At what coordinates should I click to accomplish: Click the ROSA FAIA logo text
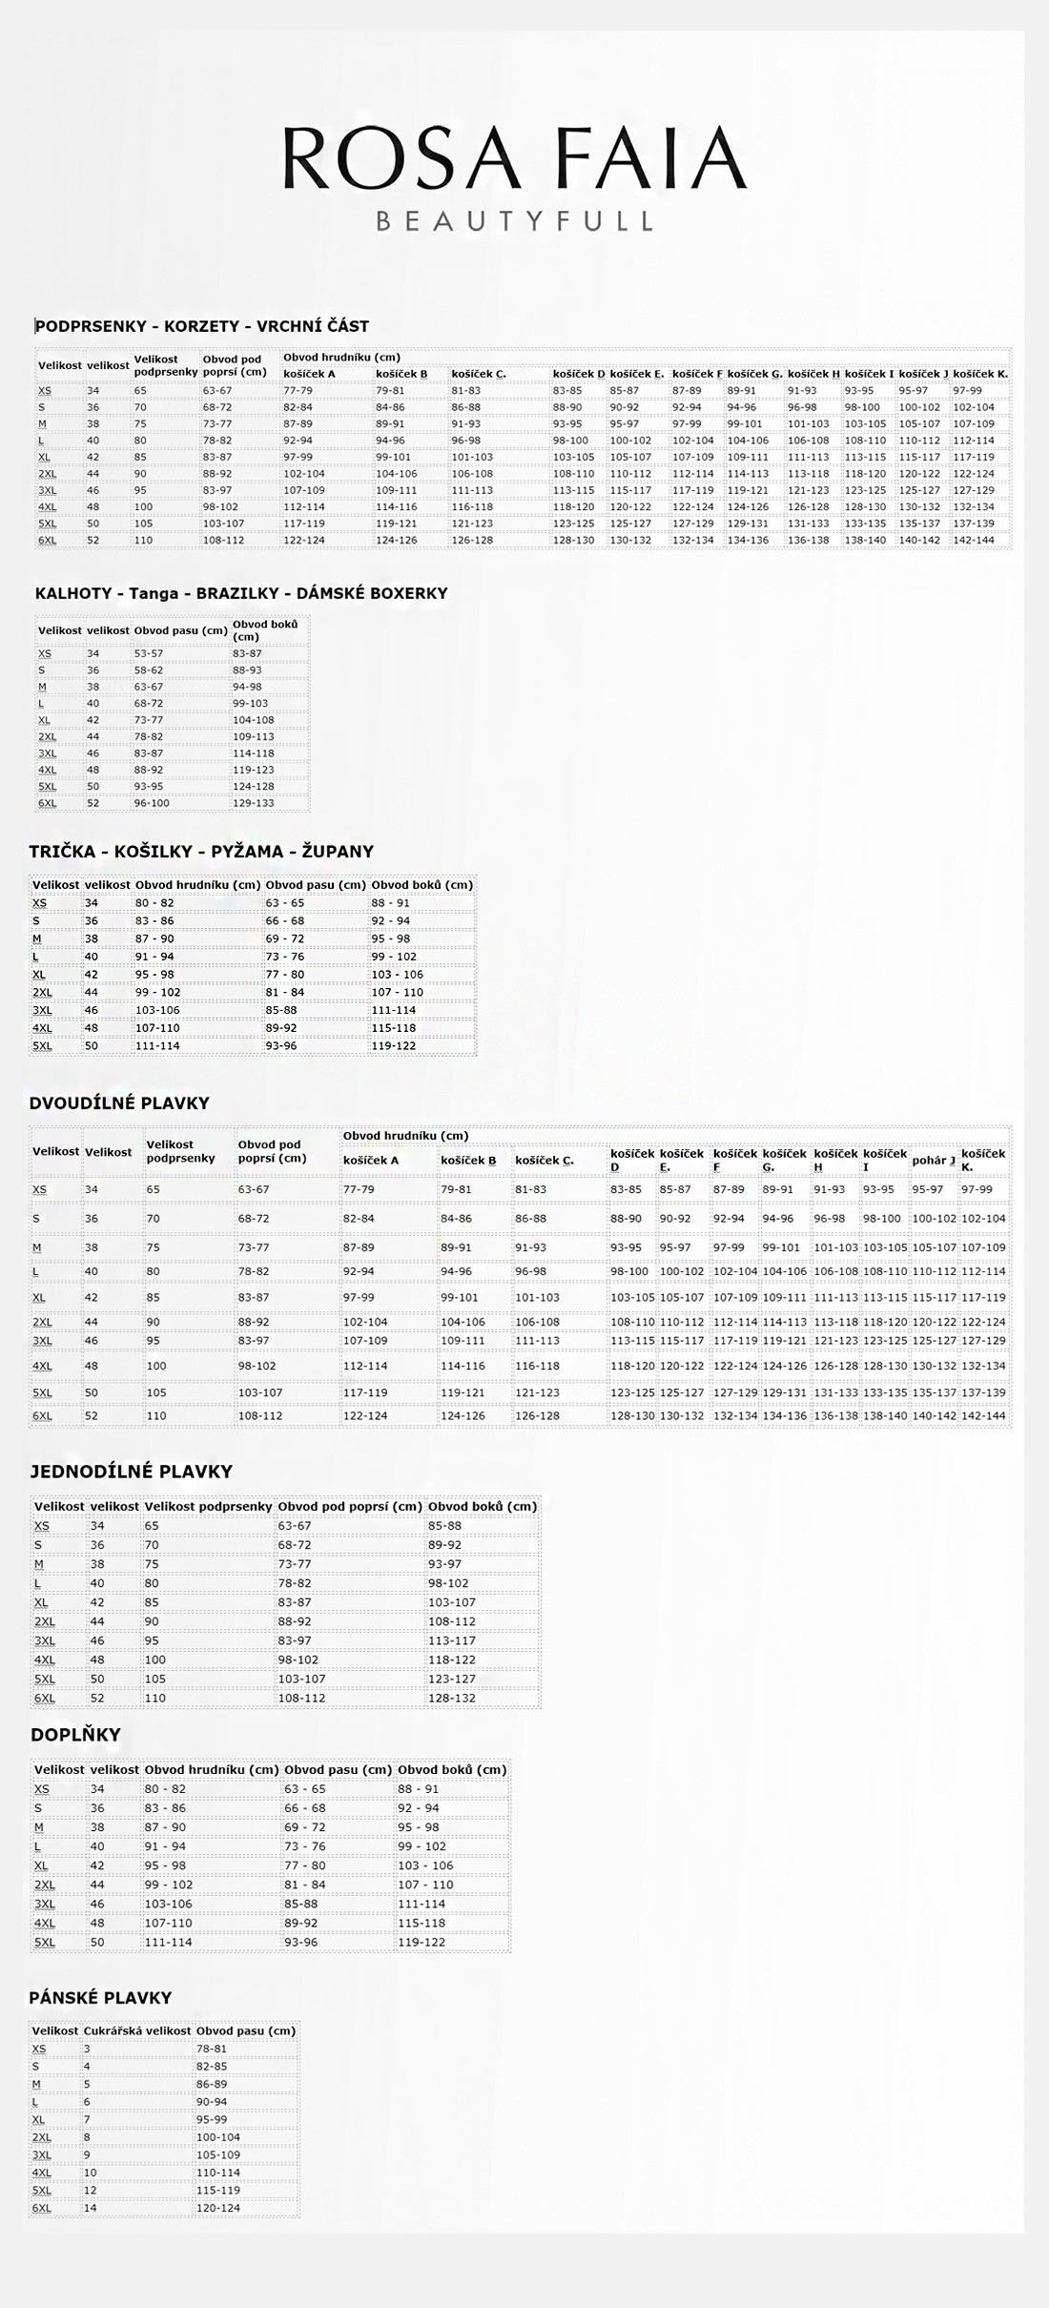point(515,158)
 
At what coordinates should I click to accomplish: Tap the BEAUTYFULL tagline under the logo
point(515,222)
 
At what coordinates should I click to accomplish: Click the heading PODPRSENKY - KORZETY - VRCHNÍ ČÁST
point(202,326)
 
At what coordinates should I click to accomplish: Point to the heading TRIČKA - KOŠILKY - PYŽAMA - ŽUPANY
point(201,852)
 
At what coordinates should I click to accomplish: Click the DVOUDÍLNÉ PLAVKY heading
point(119,1103)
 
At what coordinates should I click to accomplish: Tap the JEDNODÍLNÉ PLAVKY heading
point(131,1472)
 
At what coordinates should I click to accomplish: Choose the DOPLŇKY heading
point(75,1735)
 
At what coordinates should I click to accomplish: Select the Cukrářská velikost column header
point(137,2031)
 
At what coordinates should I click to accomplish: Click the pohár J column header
point(934,1161)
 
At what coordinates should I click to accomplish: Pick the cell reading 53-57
point(149,654)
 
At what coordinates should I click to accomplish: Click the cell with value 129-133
point(254,803)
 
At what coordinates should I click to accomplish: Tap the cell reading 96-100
point(152,803)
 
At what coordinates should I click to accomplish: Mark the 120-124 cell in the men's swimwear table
point(218,2208)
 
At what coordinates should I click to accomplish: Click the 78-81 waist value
point(212,2049)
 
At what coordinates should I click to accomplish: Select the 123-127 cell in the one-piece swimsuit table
point(452,1679)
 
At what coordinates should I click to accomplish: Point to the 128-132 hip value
point(452,1698)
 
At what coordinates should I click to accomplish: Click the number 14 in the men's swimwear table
point(91,2208)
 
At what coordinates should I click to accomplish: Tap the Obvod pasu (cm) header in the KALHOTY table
point(181,630)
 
